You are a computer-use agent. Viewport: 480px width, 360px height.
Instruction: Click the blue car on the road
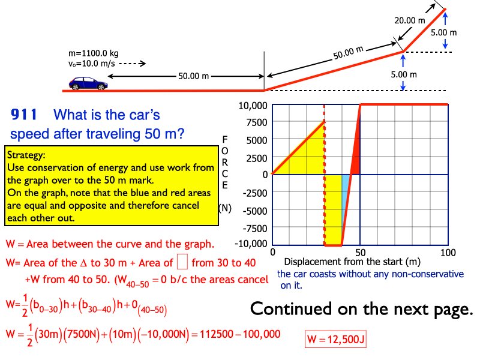coord(88,83)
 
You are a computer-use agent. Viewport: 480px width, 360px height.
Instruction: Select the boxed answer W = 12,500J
coord(335,340)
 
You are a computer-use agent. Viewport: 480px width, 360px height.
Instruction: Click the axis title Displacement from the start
coord(352,262)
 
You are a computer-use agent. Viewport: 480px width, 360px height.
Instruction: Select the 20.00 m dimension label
coord(410,20)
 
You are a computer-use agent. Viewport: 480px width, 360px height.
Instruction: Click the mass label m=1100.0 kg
coord(94,53)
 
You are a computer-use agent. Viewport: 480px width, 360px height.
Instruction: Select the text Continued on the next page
coord(361,309)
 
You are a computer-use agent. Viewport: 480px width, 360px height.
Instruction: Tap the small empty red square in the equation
coord(184,262)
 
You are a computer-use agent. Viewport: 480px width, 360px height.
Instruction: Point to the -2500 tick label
coord(251,193)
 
